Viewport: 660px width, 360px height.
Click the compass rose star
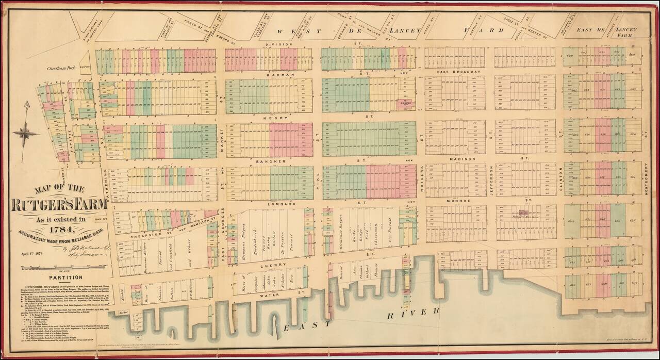pyautogui.click(x=25, y=133)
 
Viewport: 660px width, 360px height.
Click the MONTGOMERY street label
pyautogui.click(x=646, y=178)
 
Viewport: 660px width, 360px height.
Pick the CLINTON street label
pyautogui.click(x=559, y=182)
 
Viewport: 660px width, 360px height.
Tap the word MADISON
pyautogui.click(x=460, y=159)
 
